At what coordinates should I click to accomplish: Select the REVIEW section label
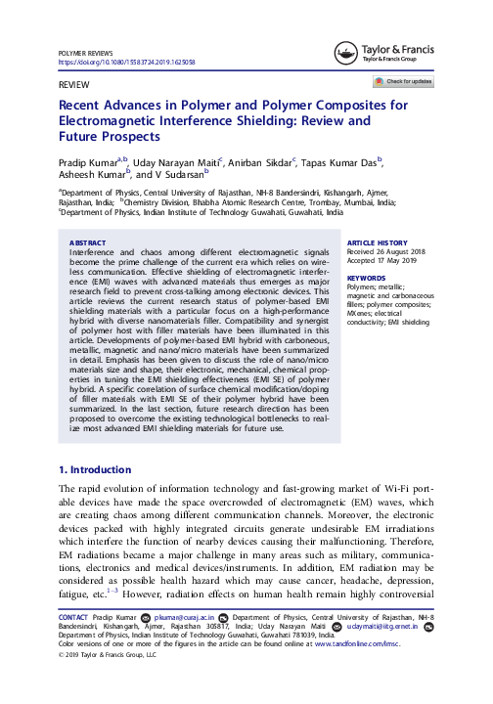pos(75,85)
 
